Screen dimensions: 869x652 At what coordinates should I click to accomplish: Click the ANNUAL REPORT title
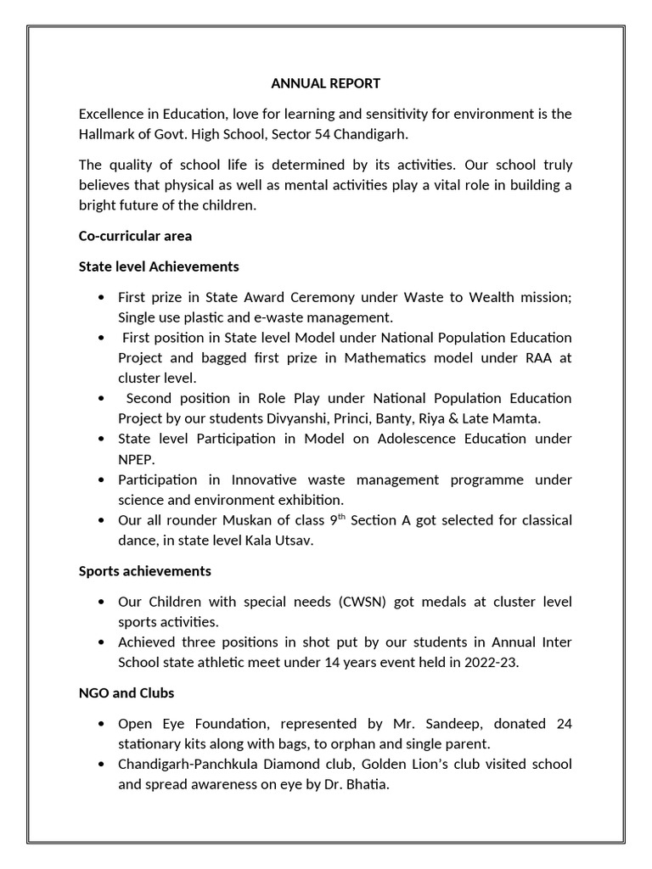click(326, 83)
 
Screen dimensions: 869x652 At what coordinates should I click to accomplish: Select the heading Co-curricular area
click(135, 236)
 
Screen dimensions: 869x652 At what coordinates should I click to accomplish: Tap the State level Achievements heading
click(159, 266)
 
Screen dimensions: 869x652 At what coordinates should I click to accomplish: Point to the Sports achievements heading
click(144, 570)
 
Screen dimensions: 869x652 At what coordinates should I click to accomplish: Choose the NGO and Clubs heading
click(126, 692)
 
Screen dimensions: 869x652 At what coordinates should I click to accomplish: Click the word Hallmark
click(106, 134)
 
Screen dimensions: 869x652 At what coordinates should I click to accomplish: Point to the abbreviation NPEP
click(136, 459)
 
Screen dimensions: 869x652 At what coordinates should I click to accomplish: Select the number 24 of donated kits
click(563, 724)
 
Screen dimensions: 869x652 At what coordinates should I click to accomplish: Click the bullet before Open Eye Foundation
click(102, 724)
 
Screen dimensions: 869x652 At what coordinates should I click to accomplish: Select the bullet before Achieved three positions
click(102, 642)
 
